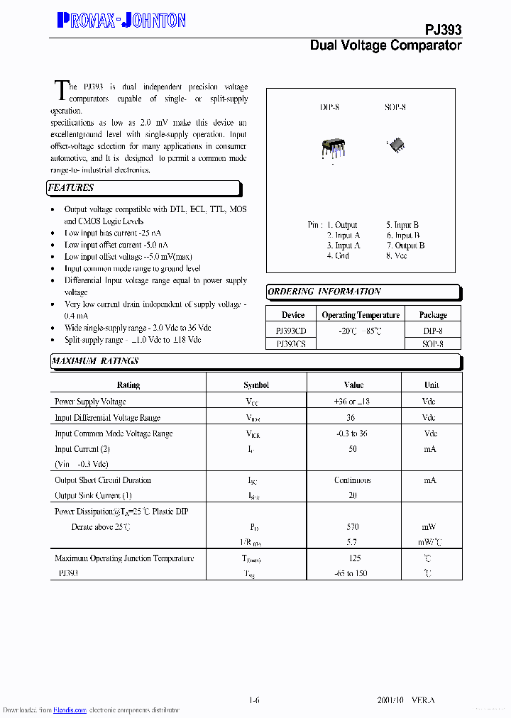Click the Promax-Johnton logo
121,21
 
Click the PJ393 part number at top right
443,29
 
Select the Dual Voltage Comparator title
385,45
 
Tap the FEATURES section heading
71,188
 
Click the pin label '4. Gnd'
338,255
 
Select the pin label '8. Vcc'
397,255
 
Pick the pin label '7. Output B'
405,245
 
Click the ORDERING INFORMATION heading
324,292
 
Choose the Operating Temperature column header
361,315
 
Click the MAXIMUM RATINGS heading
95,361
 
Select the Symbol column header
256,385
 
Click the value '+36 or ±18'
353,402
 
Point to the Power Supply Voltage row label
90,402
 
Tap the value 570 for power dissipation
353,527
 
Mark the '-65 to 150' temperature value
352,573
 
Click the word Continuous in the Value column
353,480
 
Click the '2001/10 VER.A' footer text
406,700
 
